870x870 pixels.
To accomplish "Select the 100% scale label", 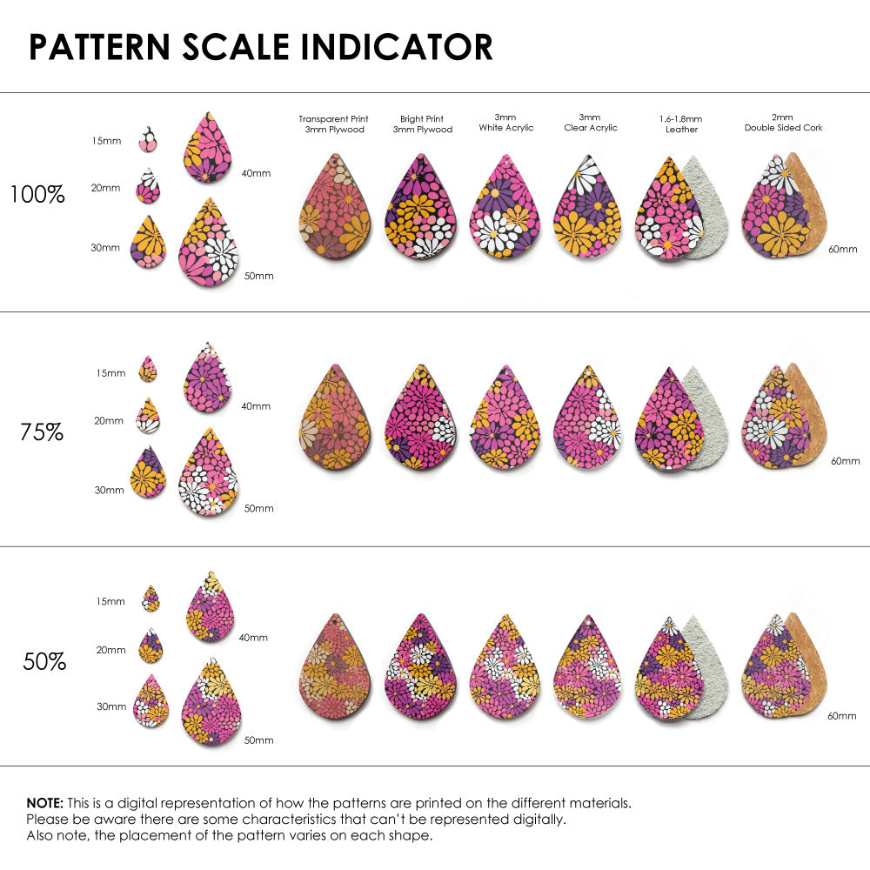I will [x=37, y=195].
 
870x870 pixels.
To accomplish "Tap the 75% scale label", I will [x=42, y=432].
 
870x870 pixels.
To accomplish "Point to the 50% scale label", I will [x=44, y=662].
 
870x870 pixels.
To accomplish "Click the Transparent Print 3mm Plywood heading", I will [x=333, y=124].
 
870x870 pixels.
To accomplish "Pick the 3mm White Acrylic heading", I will [x=505, y=122].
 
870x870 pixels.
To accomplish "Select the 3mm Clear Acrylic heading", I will [x=590, y=122].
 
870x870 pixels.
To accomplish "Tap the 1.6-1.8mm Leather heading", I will [x=681, y=124].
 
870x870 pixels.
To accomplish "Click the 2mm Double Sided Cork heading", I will [x=783, y=122].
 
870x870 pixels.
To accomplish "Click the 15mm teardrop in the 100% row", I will [x=149, y=137].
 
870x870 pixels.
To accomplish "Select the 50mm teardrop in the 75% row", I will [x=208, y=473].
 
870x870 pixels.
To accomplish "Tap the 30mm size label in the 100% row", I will [x=105, y=248].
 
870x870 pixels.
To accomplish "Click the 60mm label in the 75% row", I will [x=845, y=460].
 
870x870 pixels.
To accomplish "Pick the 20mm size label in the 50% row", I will [x=110, y=650].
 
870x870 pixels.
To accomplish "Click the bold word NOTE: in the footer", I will [x=43, y=802].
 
